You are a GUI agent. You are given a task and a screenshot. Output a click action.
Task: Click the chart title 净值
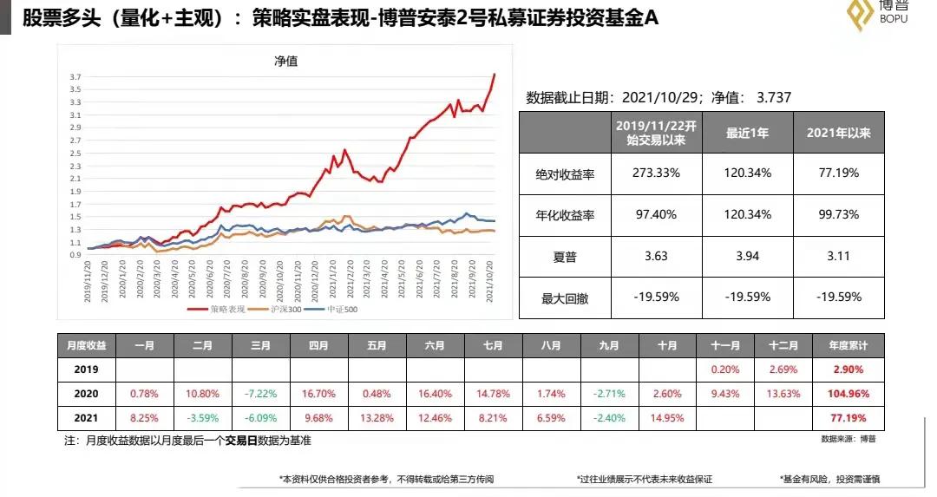click(285, 61)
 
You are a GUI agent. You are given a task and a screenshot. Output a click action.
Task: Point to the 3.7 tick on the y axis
click(75, 76)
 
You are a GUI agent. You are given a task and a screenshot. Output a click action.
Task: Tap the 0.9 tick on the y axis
click(75, 255)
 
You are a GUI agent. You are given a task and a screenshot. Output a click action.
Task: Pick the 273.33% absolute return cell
click(656, 173)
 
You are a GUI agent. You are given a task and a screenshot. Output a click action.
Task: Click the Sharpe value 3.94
click(748, 256)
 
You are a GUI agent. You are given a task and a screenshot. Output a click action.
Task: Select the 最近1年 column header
click(748, 134)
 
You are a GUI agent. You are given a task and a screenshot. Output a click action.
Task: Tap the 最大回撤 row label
click(565, 298)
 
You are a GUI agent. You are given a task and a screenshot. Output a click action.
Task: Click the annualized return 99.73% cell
click(838, 215)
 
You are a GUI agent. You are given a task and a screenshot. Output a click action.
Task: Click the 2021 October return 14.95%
click(667, 417)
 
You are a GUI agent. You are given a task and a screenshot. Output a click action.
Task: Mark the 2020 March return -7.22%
click(261, 394)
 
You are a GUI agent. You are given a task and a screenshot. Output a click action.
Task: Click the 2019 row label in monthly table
click(86, 369)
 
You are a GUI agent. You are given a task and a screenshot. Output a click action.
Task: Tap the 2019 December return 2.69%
click(783, 369)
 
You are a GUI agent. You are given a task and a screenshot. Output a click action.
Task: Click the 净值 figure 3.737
click(774, 98)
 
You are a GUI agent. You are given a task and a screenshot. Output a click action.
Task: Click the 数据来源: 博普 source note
click(849, 440)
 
